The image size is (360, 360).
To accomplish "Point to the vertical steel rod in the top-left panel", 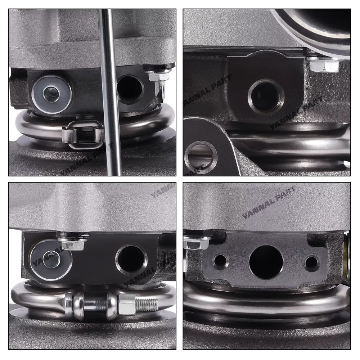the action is [x=110, y=92].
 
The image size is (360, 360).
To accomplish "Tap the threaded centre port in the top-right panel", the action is [x=266, y=96].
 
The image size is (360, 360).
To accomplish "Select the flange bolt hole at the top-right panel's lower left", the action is [x=201, y=157].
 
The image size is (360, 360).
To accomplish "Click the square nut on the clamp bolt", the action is [x=127, y=304].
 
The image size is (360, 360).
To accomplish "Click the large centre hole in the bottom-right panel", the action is [x=266, y=261].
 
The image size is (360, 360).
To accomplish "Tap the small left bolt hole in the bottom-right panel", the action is [x=220, y=260].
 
